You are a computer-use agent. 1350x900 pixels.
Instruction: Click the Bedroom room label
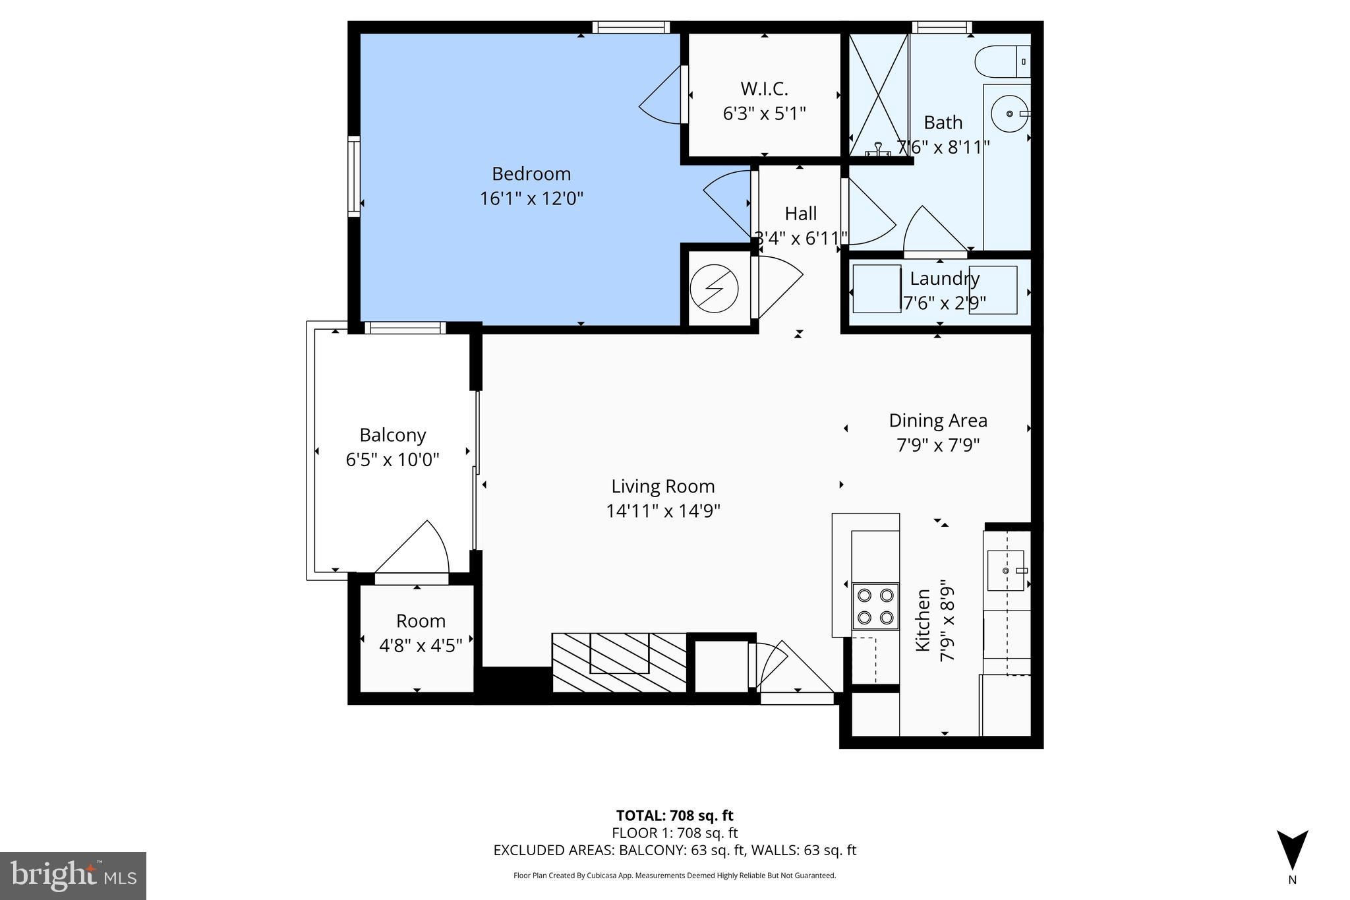pyautogui.click(x=531, y=174)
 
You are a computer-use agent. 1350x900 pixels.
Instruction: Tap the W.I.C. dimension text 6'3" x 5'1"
pyautogui.click(x=764, y=114)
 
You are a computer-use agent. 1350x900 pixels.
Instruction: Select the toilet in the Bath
pyautogui.click(x=1001, y=61)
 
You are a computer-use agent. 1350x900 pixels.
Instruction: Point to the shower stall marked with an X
pyautogui.click(x=878, y=95)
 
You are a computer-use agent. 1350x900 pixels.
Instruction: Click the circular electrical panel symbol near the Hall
pyautogui.click(x=714, y=288)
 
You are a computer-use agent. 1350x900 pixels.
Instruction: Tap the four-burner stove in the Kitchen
pyautogui.click(x=875, y=607)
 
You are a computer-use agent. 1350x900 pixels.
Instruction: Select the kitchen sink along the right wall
pyautogui.click(x=1005, y=570)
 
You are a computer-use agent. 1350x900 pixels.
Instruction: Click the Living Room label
pyautogui.click(x=662, y=487)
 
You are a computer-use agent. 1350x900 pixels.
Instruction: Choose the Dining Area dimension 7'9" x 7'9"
pyautogui.click(x=937, y=446)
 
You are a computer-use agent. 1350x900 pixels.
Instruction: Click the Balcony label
pyautogui.click(x=392, y=435)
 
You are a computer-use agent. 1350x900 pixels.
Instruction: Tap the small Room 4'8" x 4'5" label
pyautogui.click(x=421, y=645)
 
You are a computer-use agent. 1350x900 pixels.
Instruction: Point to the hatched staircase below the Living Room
pyautogui.click(x=618, y=662)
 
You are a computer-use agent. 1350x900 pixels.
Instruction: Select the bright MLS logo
pyautogui.click(x=73, y=876)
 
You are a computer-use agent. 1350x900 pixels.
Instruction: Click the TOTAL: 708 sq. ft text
pyautogui.click(x=674, y=816)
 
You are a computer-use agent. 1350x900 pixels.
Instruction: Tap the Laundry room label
pyautogui.click(x=944, y=278)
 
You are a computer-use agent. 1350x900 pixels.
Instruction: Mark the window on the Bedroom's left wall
pyautogui.click(x=355, y=176)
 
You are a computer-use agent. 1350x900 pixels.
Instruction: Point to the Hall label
pyautogui.click(x=800, y=214)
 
